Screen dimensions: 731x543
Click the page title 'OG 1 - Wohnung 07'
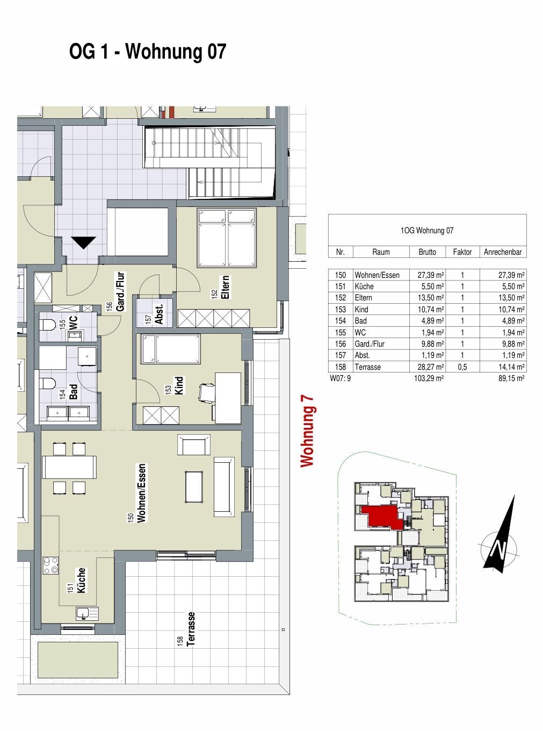[148, 53]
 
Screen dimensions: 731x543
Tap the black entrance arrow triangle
[83, 243]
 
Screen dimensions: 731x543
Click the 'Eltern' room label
[225, 288]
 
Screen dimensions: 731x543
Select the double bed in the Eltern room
[226, 238]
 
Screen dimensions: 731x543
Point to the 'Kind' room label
[179, 385]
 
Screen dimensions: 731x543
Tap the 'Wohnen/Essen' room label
[142, 493]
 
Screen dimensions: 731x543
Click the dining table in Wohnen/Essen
[69, 467]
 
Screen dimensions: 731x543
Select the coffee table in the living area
[194, 487]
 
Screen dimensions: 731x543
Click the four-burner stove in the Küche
[51, 565]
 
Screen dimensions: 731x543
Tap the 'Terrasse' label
[191, 629]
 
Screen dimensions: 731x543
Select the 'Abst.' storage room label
[159, 314]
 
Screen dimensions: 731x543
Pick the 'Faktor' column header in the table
[462, 252]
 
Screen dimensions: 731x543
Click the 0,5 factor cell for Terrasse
[462, 367]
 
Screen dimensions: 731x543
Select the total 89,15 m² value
[510, 378]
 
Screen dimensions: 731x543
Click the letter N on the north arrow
[499, 549]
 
